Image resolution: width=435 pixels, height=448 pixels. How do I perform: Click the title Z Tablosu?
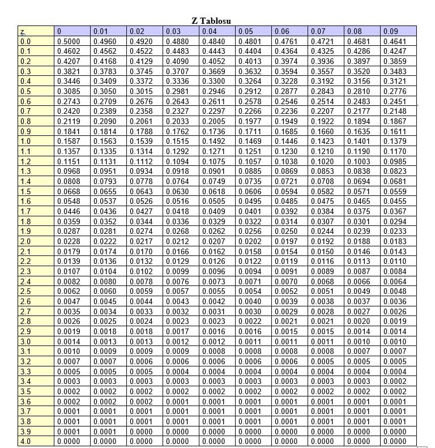(x=211, y=20)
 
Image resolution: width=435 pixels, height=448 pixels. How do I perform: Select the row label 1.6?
(x=25, y=201)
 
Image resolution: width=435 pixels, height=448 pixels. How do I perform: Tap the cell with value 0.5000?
(x=69, y=41)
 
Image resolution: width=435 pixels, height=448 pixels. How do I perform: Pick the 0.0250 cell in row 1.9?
(x=286, y=231)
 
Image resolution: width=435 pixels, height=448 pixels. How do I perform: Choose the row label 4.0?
(x=25, y=441)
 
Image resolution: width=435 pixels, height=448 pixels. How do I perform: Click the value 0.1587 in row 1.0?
(x=69, y=141)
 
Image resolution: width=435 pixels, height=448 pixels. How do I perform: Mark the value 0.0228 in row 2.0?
(x=69, y=241)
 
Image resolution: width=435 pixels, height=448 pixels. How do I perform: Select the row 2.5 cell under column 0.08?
(x=359, y=291)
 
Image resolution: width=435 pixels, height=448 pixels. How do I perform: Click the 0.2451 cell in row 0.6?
(x=395, y=101)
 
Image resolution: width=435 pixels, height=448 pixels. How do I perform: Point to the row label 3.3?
(x=25, y=371)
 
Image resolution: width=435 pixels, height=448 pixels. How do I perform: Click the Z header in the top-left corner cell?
(x=23, y=31)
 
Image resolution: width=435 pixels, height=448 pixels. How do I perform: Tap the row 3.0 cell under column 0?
(x=69, y=342)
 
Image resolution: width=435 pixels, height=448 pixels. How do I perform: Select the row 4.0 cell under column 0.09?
(x=395, y=441)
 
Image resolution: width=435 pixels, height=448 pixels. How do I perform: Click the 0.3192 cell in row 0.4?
(x=322, y=81)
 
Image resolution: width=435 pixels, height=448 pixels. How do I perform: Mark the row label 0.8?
(x=25, y=121)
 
